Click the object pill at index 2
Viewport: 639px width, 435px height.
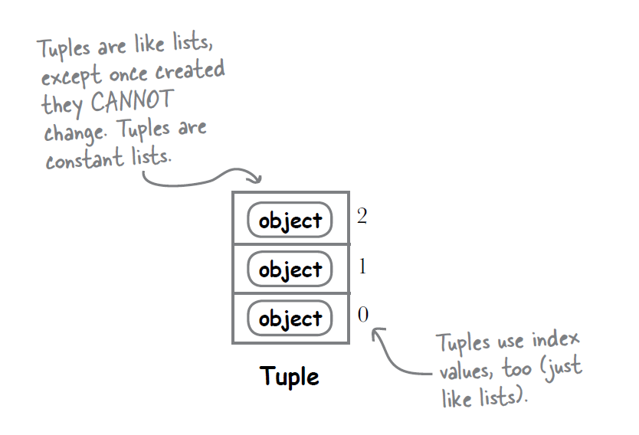tap(290, 220)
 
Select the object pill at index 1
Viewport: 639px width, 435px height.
tap(290, 269)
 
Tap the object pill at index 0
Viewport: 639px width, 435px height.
tap(290, 318)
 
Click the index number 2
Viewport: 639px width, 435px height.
tap(362, 216)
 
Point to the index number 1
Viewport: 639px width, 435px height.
tap(362, 267)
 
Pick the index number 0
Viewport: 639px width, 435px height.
tap(363, 315)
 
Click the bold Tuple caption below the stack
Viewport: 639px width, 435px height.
tap(290, 375)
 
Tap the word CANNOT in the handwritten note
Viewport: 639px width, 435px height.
tap(132, 101)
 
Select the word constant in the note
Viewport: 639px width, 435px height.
tap(84, 159)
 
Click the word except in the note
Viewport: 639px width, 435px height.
tap(71, 76)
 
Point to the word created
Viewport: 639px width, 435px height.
tap(190, 70)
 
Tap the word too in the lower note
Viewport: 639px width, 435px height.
tap(516, 368)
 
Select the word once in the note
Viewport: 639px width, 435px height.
tap(128, 74)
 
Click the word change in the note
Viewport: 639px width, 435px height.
tap(75, 132)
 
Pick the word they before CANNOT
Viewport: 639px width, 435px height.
tap(62, 104)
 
